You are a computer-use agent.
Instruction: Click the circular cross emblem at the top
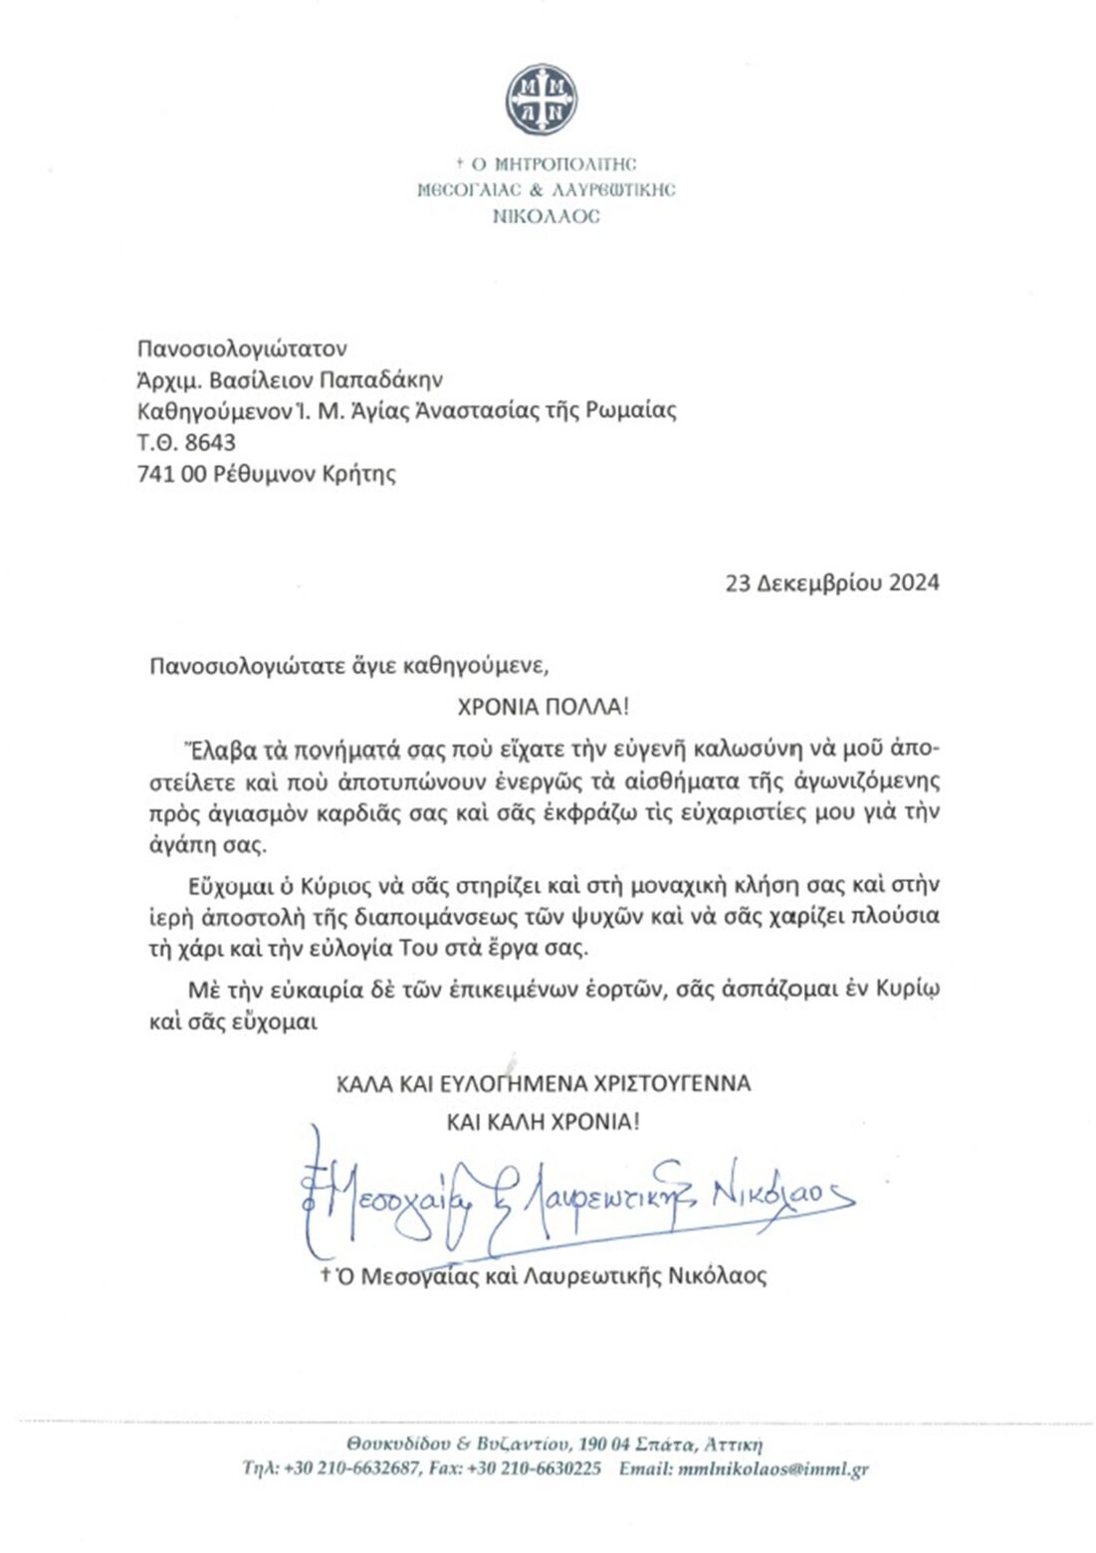click(542, 100)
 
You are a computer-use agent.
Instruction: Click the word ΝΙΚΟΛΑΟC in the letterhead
click(546, 216)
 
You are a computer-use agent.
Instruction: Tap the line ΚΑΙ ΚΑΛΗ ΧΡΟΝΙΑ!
click(543, 1122)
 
